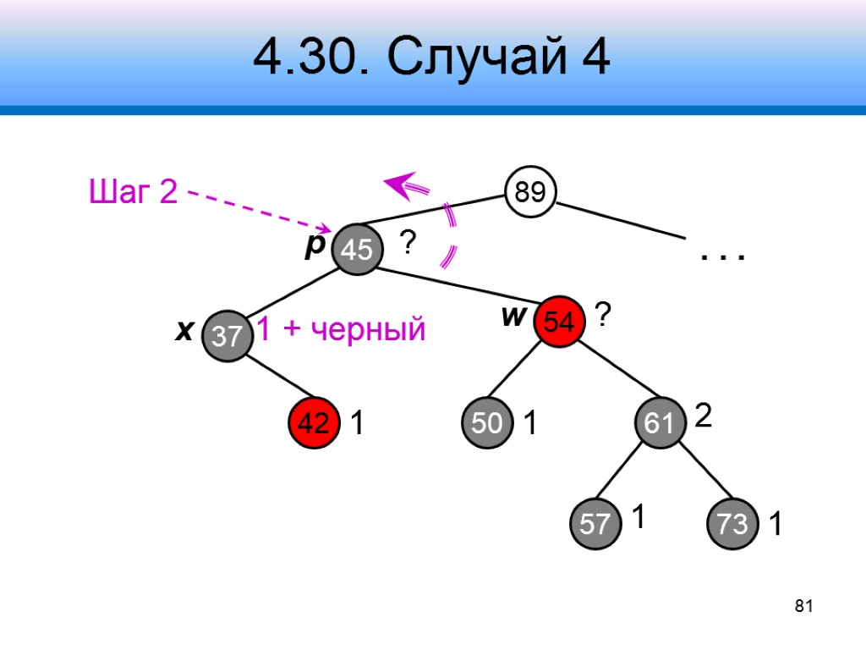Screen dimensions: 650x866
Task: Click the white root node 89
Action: coord(529,194)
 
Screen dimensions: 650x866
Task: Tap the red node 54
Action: coord(559,322)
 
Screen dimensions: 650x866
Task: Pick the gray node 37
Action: coord(227,337)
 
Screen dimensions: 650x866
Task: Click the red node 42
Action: coord(314,424)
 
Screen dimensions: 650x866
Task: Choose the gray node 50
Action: coord(487,423)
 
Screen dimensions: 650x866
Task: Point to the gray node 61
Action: coord(660,424)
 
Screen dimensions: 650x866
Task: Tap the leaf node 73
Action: coord(732,524)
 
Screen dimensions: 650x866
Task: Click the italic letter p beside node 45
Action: coord(315,244)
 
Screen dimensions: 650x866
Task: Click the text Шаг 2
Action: coord(133,193)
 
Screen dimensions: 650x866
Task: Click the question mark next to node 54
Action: coord(602,317)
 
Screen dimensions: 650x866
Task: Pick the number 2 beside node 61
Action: coord(703,416)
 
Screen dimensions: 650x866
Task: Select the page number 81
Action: coord(803,606)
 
